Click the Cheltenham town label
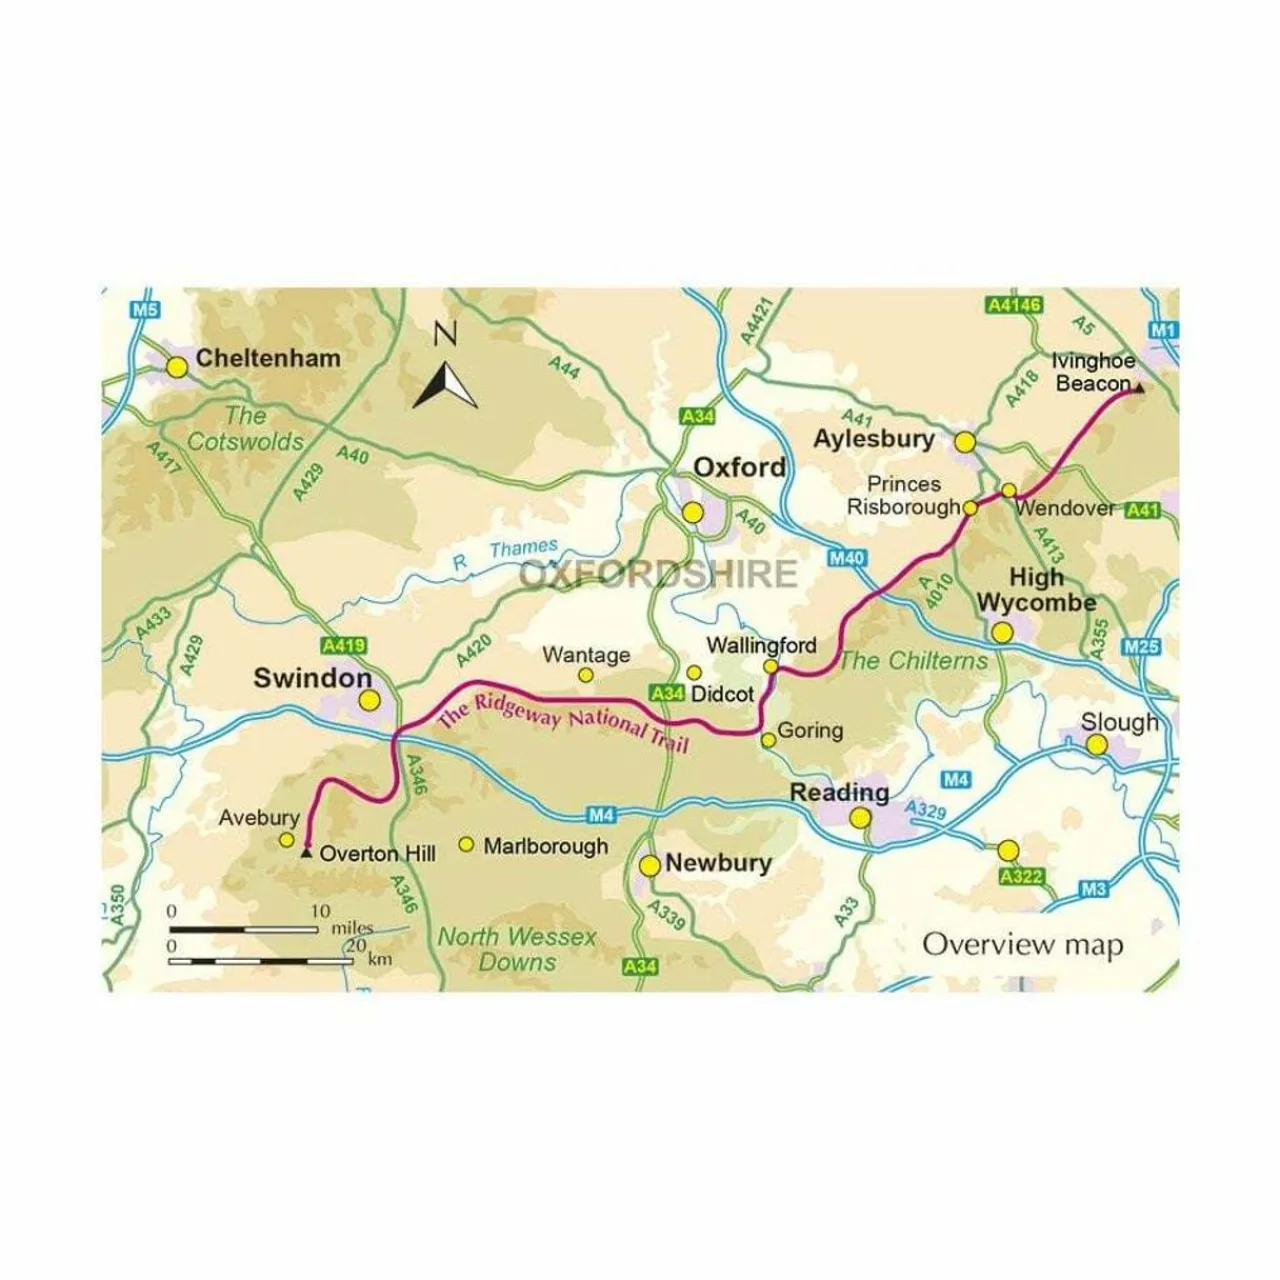tap(267, 358)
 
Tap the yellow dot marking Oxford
tap(693, 513)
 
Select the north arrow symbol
tap(445, 381)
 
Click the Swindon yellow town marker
tap(369, 701)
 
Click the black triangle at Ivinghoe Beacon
tap(1139, 388)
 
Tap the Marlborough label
tap(545, 846)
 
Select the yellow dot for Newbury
tap(650, 866)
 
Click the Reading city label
tap(839, 793)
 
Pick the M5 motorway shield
tap(146, 310)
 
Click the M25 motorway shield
tap(1141, 647)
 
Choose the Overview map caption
tap(1022, 945)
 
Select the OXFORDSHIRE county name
tap(658, 574)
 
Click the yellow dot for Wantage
tap(586, 676)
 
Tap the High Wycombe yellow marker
tap(1001, 632)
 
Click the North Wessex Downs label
tap(517, 949)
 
